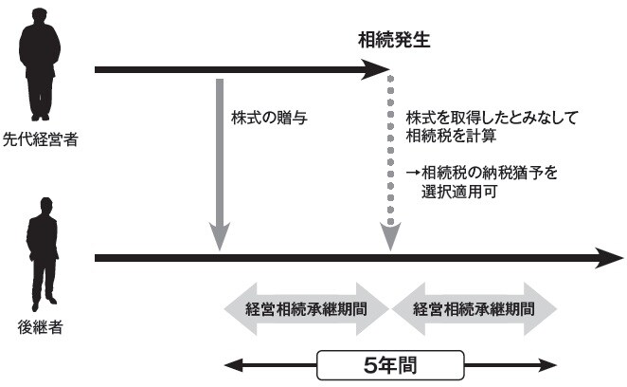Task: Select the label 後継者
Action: click(41, 328)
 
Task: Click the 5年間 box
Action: click(388, 363)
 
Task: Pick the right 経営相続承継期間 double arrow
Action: click(472, 309)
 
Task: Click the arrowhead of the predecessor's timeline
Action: click(381, 69)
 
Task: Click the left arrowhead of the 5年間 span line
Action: click(231, 363)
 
